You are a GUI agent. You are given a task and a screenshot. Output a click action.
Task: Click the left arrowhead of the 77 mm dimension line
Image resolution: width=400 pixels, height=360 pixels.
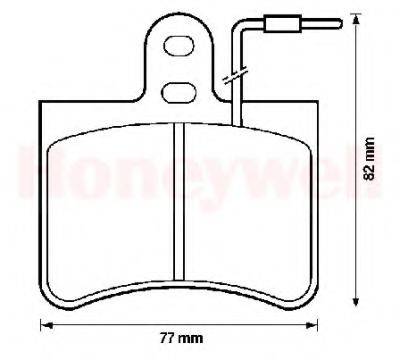pyautogui.click(x=43, y=324)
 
